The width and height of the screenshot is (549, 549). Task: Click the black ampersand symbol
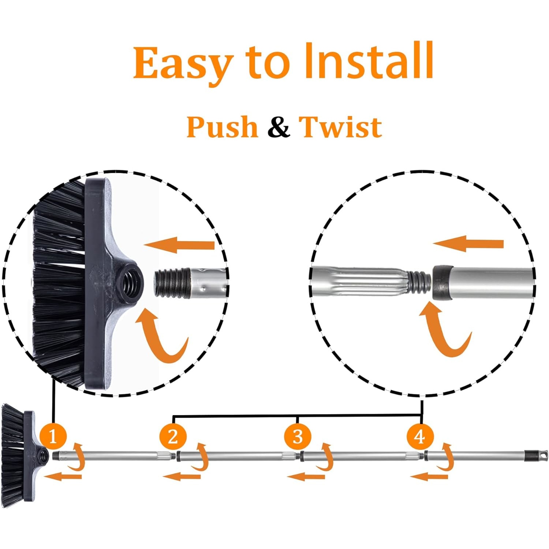tap(279, 127)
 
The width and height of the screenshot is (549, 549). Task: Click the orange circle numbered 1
tap(53, 436)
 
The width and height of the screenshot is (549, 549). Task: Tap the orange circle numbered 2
tap(173, 436)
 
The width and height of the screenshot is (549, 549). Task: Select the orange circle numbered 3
tap(298, 436)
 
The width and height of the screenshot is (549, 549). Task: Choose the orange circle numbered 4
tap(420, 436)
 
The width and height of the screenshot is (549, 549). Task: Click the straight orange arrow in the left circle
tap(179, 245)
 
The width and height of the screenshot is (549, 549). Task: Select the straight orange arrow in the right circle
tap(468, 243)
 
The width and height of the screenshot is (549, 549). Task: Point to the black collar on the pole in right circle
tap(443, 283)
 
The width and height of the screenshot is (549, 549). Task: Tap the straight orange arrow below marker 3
tap(306, 477)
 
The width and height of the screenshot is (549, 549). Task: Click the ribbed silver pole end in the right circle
tap(359, 281)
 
